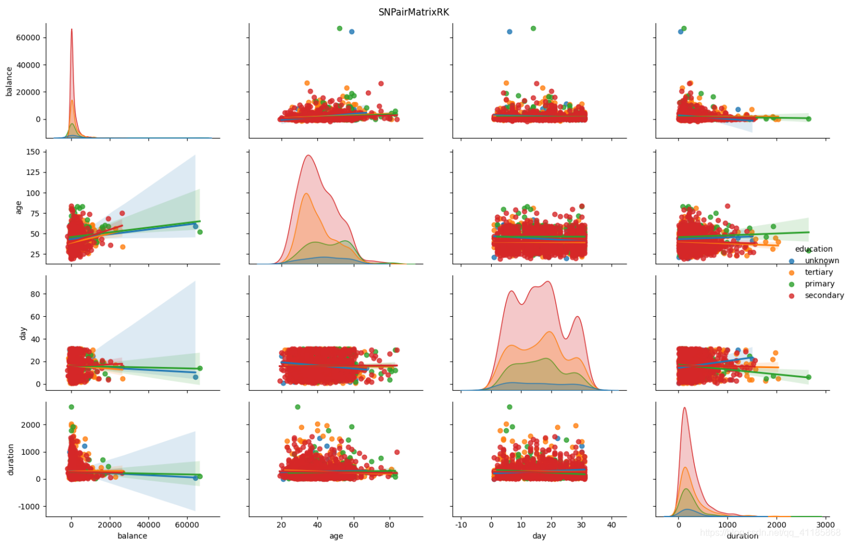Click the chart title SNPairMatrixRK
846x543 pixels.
pyautogui.click(x=413, y=12)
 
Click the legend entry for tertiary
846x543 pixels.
pyautogui.click(x=818, y=272)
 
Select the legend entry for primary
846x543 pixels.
pyautogui.click(x=819, y=284)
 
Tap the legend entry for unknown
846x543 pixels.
pyautogui.click(x=821, y=261)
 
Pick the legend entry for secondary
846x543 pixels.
pyautogui.click(x=823, y=295)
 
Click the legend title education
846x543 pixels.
pyautogui.click(x=813, y=249)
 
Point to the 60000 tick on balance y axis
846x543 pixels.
pyautogui.click(x=28, y=38)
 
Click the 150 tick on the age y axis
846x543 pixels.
pyautogui.click(x=33, y=152)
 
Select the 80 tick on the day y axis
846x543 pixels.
pyautogui.click(x=35, y=294)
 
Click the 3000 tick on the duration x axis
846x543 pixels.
pyautogui.click(x=825, y=525)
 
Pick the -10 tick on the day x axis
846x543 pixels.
pyautogui.click(x=461, y=525)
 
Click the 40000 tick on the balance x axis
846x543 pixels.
pyautogui.click(x=148, y=525)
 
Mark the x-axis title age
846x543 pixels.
pyautogui.click(x=336, y=536)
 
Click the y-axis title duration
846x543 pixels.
pyautogui.click(x=10, y=459)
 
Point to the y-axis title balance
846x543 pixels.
pyautogui.click(x=9, y=81)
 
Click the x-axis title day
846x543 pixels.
pyautogui.click(x=539, y=536)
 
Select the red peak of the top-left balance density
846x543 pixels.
pyautogui.click(x=72, y=29)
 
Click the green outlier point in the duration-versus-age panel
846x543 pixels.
pyautogui.click(x=297, y=407)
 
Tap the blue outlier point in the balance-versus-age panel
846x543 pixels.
pyautogui.click(x=351, y=32)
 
